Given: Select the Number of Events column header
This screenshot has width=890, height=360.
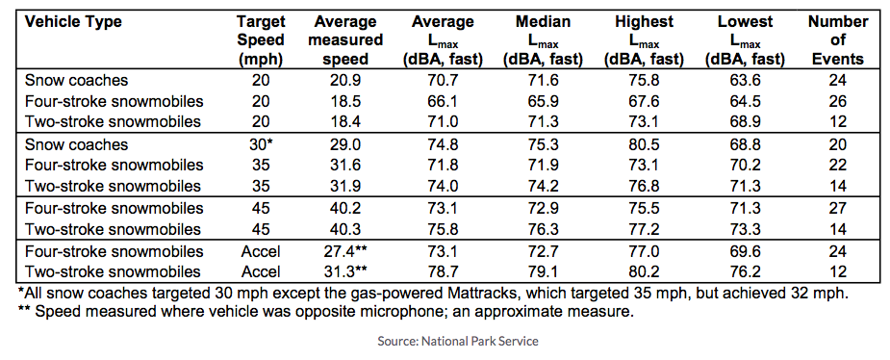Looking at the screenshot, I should (x=836, y=39).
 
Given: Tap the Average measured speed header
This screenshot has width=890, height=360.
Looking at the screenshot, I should (x=348, y=39).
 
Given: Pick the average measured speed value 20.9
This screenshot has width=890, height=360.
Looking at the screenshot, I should (x=348, y=82).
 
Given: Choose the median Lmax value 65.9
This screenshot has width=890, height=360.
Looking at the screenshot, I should (x=546, y=102).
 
